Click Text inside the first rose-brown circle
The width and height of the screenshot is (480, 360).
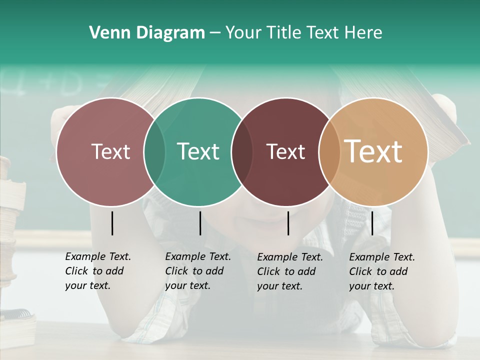pyautogui.click(x=110, y=151)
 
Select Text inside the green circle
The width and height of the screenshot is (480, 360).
pyautogui.click(x=198, y=151)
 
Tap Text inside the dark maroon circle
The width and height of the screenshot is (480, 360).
pyautogui.click(x=286, y=151)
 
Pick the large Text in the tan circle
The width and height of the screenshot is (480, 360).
pyautogui.click(x=373, y=151)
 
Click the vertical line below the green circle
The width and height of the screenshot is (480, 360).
pyautogui.click(x=200, y=223)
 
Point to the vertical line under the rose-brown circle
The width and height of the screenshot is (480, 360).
pyautogui.click(x=112, y=223)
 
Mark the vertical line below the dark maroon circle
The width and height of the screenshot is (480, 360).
pyautogui.click(x=288, y=223)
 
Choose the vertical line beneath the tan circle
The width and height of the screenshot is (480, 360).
pyautogui.click(x=372, y=223)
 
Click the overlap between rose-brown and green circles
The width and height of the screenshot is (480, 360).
pyautogui.click(x=154, y=152)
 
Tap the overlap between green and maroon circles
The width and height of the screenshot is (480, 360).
pyautogui.click(x=241, y=152)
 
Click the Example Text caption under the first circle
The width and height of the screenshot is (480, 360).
pyautogui.click(x=97, y=271)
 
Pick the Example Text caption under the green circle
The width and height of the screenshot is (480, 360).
pyautogui.click(x=197, y=271)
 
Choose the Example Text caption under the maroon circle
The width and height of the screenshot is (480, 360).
pyautogui.click(x=289, y=271)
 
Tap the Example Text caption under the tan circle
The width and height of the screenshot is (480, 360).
pyautogui.click(x=381, y=271)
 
